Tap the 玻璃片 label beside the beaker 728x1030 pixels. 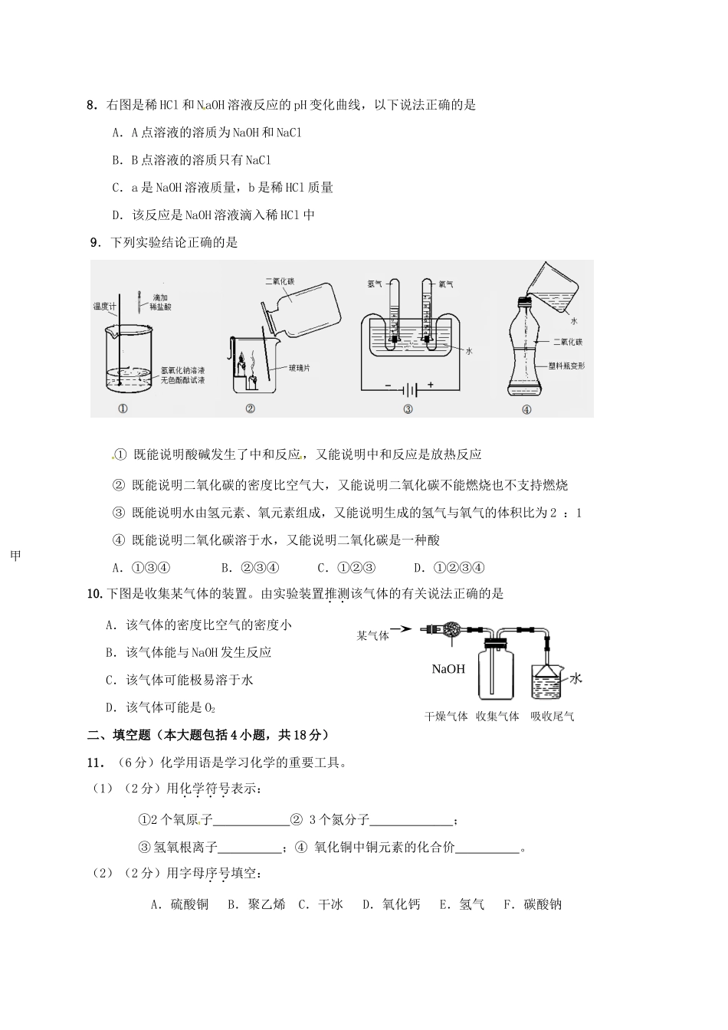(300, 369)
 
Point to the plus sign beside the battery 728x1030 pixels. (430, 384)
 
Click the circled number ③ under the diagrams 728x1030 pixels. (408, 409)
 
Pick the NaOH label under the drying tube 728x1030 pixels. (448, 669)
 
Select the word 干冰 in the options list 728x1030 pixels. (330, 904)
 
